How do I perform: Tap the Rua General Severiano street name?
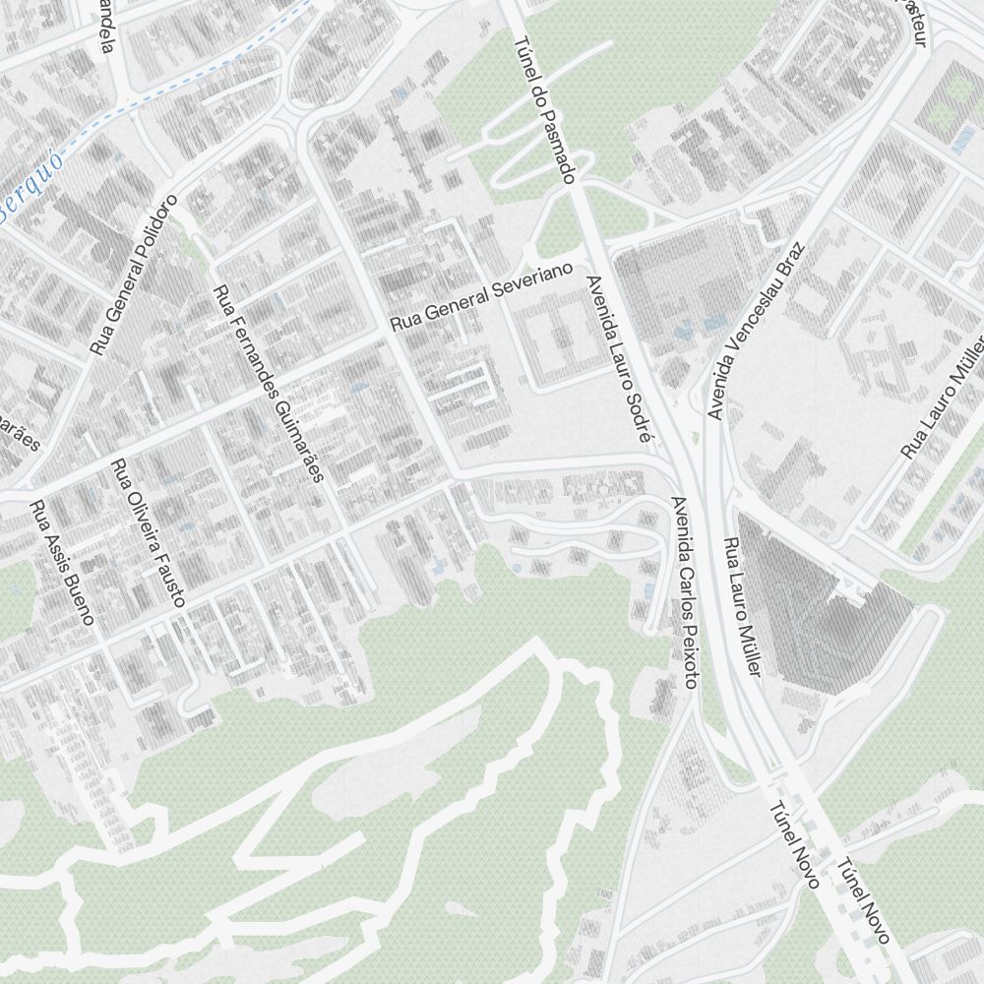pyautogui.click(x=481, y=296)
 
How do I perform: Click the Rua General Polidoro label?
pyautogui.click(x=134, y=275)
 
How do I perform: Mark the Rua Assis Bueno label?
pyautogui.click(x=61, y=563)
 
